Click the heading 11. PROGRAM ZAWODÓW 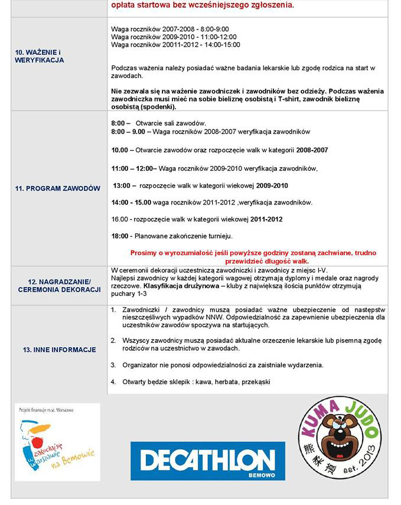click(x=58, y=188)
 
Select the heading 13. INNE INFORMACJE click(x=59, y=350)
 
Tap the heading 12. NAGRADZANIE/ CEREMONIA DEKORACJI click(x=60, y=286)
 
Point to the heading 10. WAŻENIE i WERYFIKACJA click(x=40, y=56)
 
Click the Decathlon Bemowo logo click(x=208, y=461)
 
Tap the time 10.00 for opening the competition click(x=120, y=150)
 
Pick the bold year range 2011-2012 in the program click(x=266, y=219)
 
